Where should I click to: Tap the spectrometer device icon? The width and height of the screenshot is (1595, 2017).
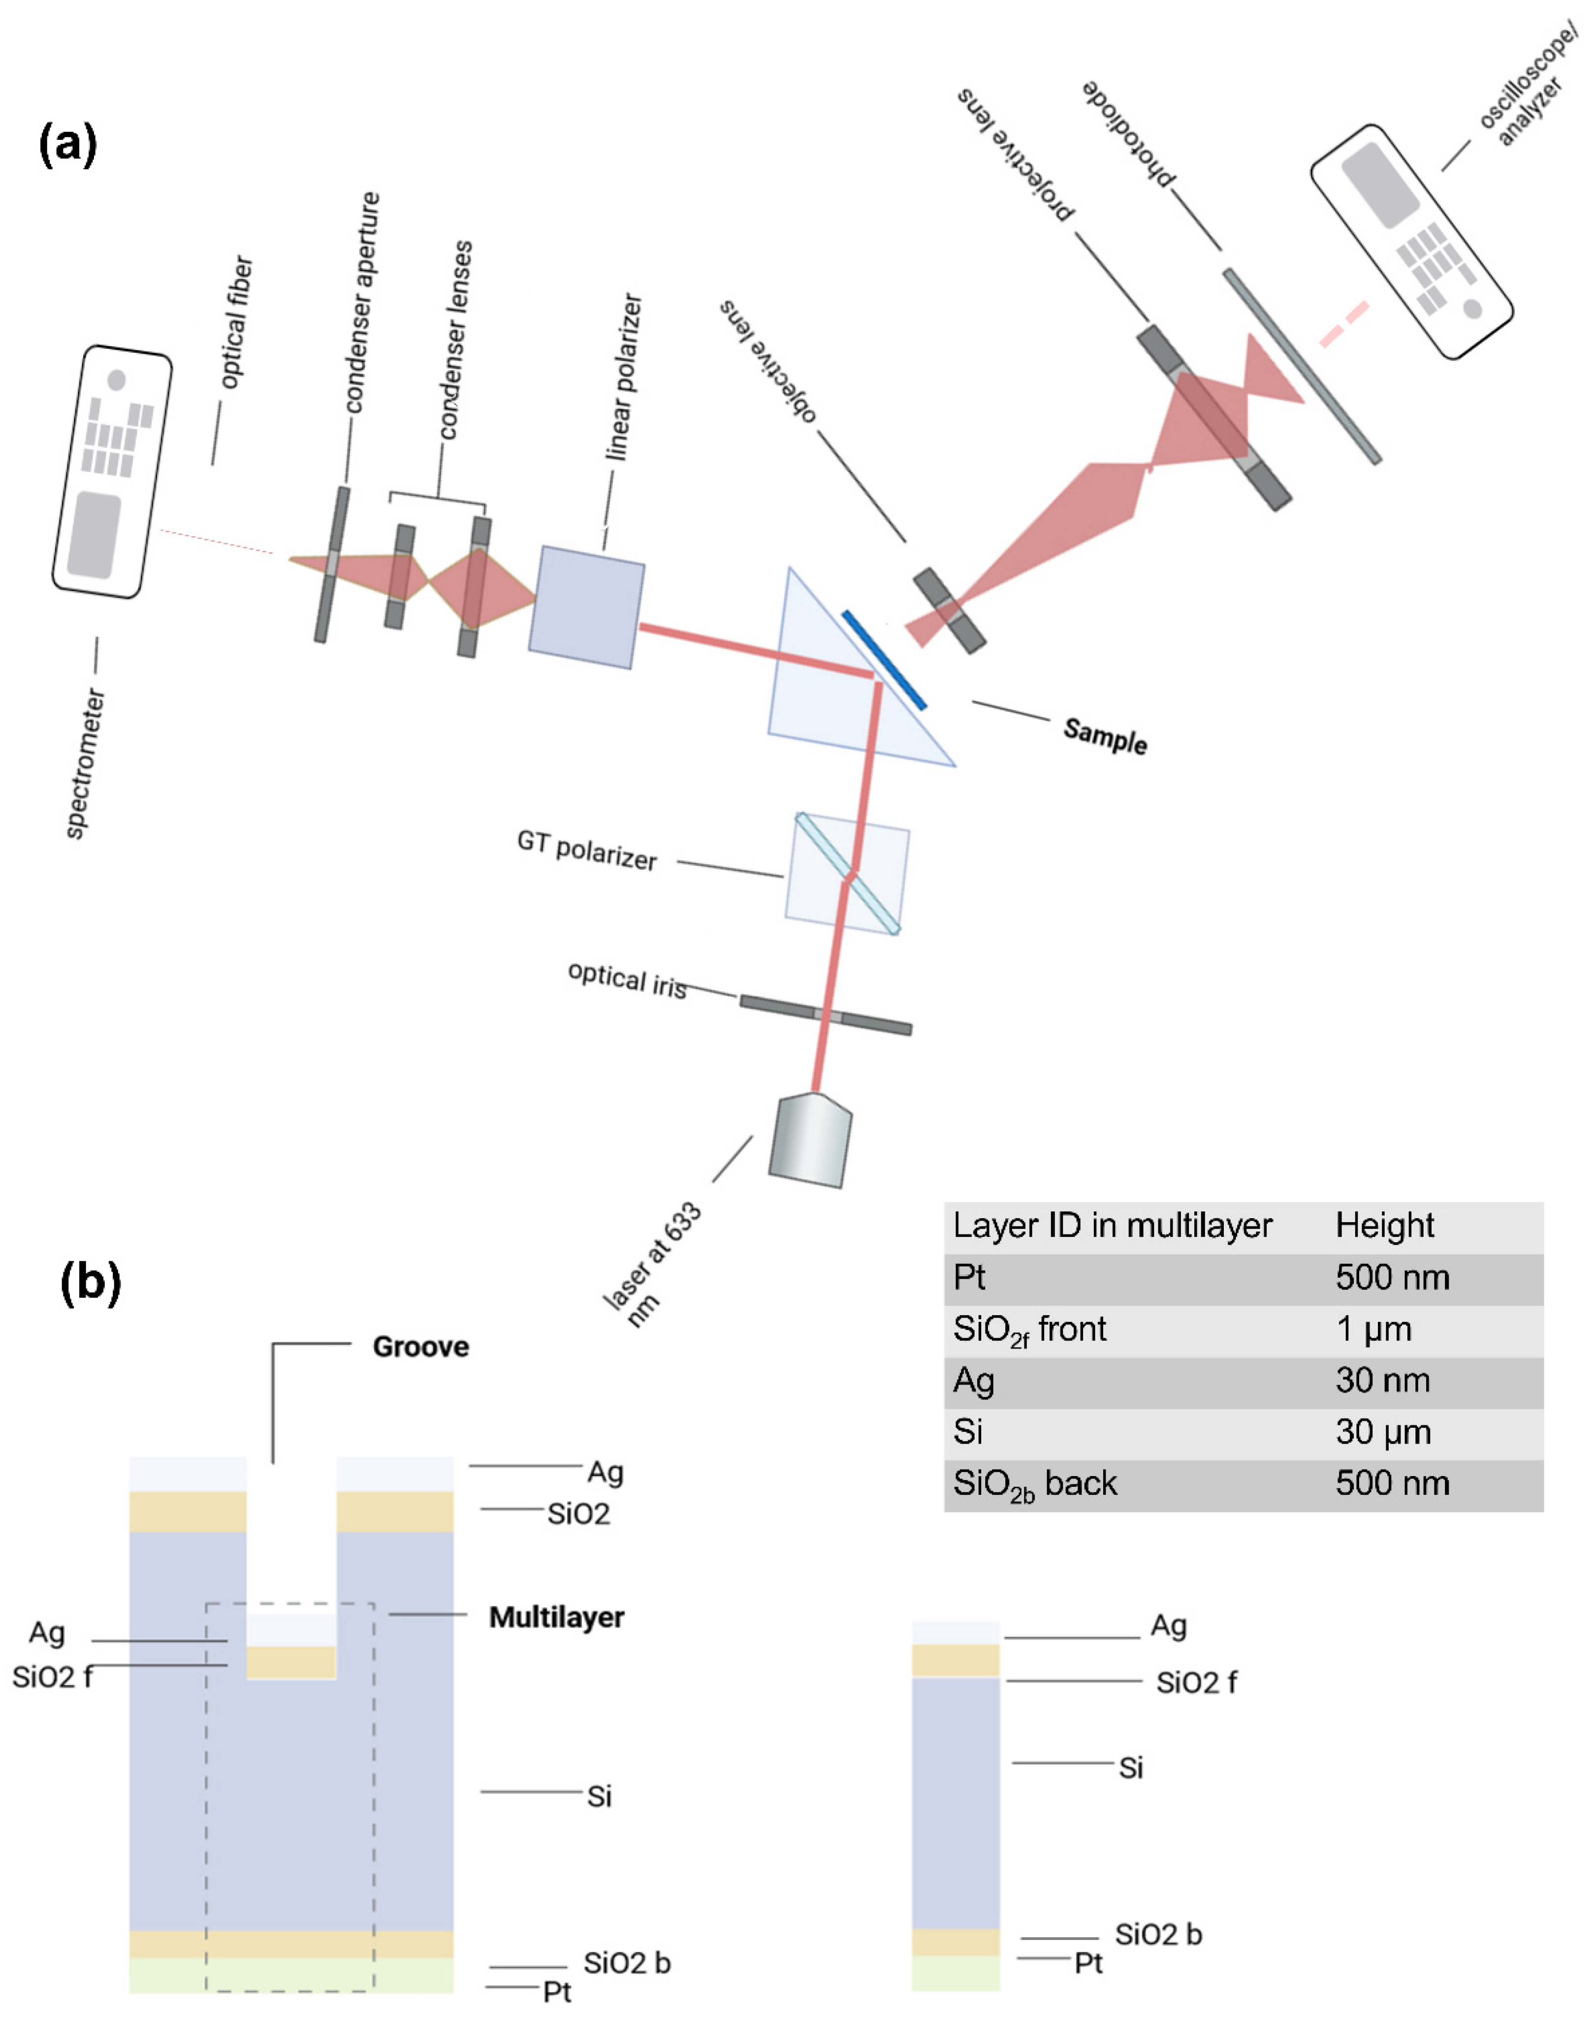coord(112,472)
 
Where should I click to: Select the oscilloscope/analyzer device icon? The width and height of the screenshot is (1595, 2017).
coord(1410,241)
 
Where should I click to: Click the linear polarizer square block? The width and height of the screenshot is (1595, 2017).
coord(586,607)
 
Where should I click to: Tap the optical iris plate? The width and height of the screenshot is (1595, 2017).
coord(826,1015)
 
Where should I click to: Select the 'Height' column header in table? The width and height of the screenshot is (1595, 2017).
coord(1384,1225)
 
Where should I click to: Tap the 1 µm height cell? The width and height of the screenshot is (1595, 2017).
coord(1373,1329)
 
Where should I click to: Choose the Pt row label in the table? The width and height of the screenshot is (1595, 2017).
coord(969,1277)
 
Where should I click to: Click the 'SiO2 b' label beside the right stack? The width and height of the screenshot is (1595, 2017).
coord(1158,1934)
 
